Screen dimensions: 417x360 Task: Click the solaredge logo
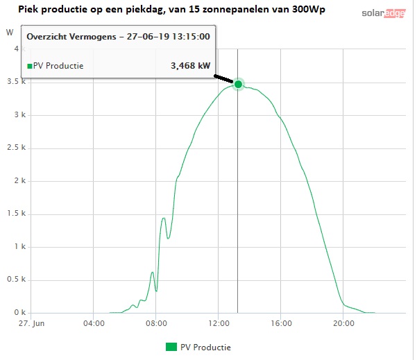pos(384,13)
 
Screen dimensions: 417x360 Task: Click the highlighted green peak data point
pos(238,85)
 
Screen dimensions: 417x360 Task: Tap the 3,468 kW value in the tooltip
pos(190,65)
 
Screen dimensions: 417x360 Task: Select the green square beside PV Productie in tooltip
pos(30,66)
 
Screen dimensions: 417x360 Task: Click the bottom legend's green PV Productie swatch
pos(171,347)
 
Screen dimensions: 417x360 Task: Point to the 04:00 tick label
pos(94,323)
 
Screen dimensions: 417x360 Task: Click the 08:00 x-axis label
pos(156,323)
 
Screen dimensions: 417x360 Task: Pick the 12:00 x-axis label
pos(219,323)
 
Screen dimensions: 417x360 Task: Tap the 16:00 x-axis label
pos(281,323)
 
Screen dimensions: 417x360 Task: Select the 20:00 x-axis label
pos(343,323)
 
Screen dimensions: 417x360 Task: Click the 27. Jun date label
pos(31,323)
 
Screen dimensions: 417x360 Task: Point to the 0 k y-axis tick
pos(20,312)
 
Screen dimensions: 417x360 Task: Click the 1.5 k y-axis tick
pos(16,213)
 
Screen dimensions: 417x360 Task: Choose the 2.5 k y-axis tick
pos(16,147)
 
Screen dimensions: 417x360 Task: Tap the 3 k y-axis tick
pos(20,114)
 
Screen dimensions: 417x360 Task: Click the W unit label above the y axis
pos(10,33)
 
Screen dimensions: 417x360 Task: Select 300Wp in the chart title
pos(309,10)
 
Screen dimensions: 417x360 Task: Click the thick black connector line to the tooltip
pos(223,79)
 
